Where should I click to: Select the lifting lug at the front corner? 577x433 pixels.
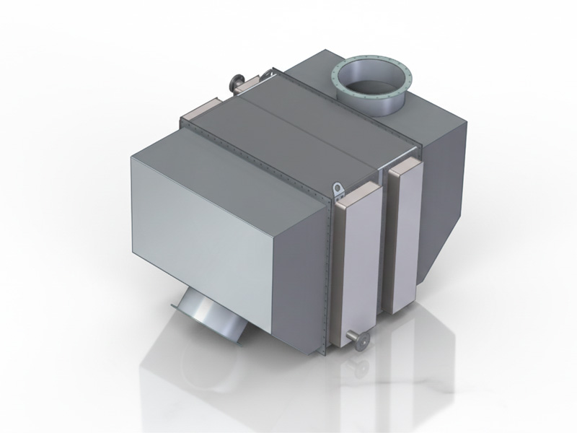pyautogui.click(x=338, y=189)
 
